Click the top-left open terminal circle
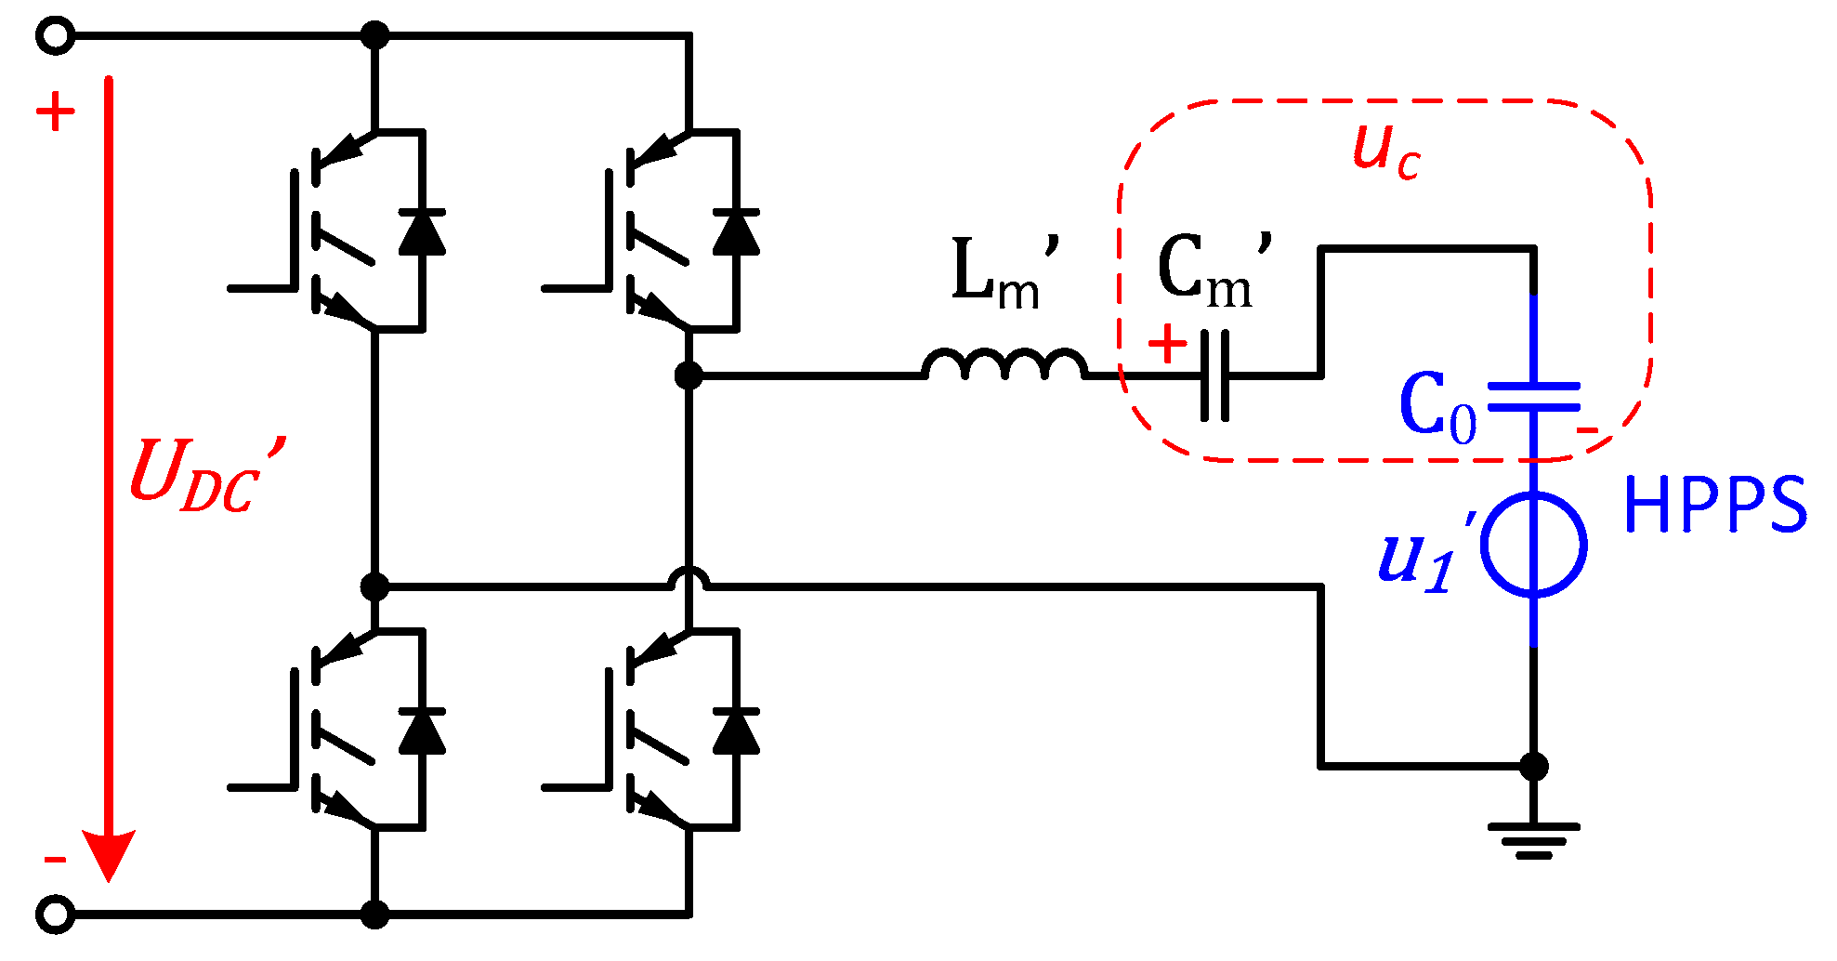point(55,36)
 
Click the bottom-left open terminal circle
point(55,914)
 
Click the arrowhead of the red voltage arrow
point(109,853)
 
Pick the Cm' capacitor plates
point(1214,375)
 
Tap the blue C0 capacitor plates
point(1533,396)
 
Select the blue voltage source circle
point(1533,545)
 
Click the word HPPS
point(1715,505)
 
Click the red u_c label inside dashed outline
point(1385,151)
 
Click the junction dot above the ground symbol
point(1533,767)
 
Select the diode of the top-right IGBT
point(736,232)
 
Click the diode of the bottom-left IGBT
point(422,731)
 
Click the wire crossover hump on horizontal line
point(689,579)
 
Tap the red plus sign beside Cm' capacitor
point(1167,343)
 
